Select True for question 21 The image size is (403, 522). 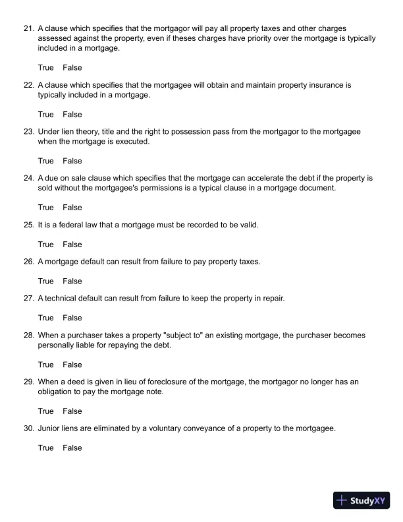[x=45, y=67]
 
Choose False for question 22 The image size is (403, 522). [x=72, y=114]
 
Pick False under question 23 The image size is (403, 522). [x=72, y=161]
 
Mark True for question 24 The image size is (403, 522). [x=45, y=208]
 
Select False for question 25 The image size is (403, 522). [x=72, y=245]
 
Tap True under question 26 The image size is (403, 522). [x=45, y=281]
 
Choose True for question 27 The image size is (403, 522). [x=45, y=318]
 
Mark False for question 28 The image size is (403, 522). [x=72, y=364]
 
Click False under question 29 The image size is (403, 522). [x=72, y=411]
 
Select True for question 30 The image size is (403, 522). [x=45, y=448]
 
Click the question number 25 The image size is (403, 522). [x=28, y=225]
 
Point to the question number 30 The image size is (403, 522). [x=28, y=428]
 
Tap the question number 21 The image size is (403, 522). [x=28, y=29]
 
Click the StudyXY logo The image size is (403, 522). [x=363, y=500]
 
